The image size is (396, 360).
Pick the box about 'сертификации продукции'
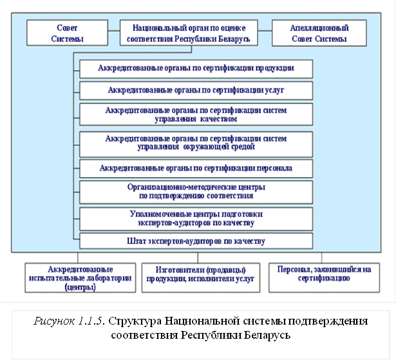[196, 68]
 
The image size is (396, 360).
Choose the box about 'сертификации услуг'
[196, 89]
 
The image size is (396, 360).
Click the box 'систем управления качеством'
[196, 114]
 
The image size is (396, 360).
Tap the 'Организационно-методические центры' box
[196, 191]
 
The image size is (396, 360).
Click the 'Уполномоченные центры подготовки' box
[196, 218]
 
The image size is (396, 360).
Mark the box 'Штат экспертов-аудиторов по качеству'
[196, 241]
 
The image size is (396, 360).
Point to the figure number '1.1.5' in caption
[93, 321]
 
